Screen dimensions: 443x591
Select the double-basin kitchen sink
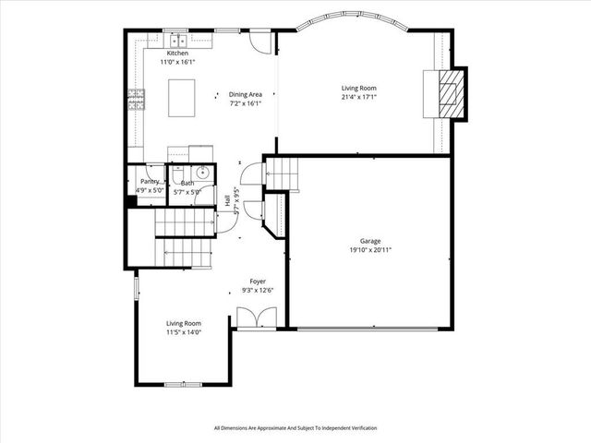point(175,40)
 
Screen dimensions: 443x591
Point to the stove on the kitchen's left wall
point(137,98)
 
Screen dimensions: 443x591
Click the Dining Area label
point(246,94)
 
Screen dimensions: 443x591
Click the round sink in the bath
point(201,173)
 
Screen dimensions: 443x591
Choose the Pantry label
point(148,183)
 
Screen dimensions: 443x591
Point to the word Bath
point(187,183)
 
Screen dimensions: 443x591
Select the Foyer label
point(259,281)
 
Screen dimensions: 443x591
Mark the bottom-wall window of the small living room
point(182,383)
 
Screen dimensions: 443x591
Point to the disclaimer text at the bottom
point(295,428)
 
